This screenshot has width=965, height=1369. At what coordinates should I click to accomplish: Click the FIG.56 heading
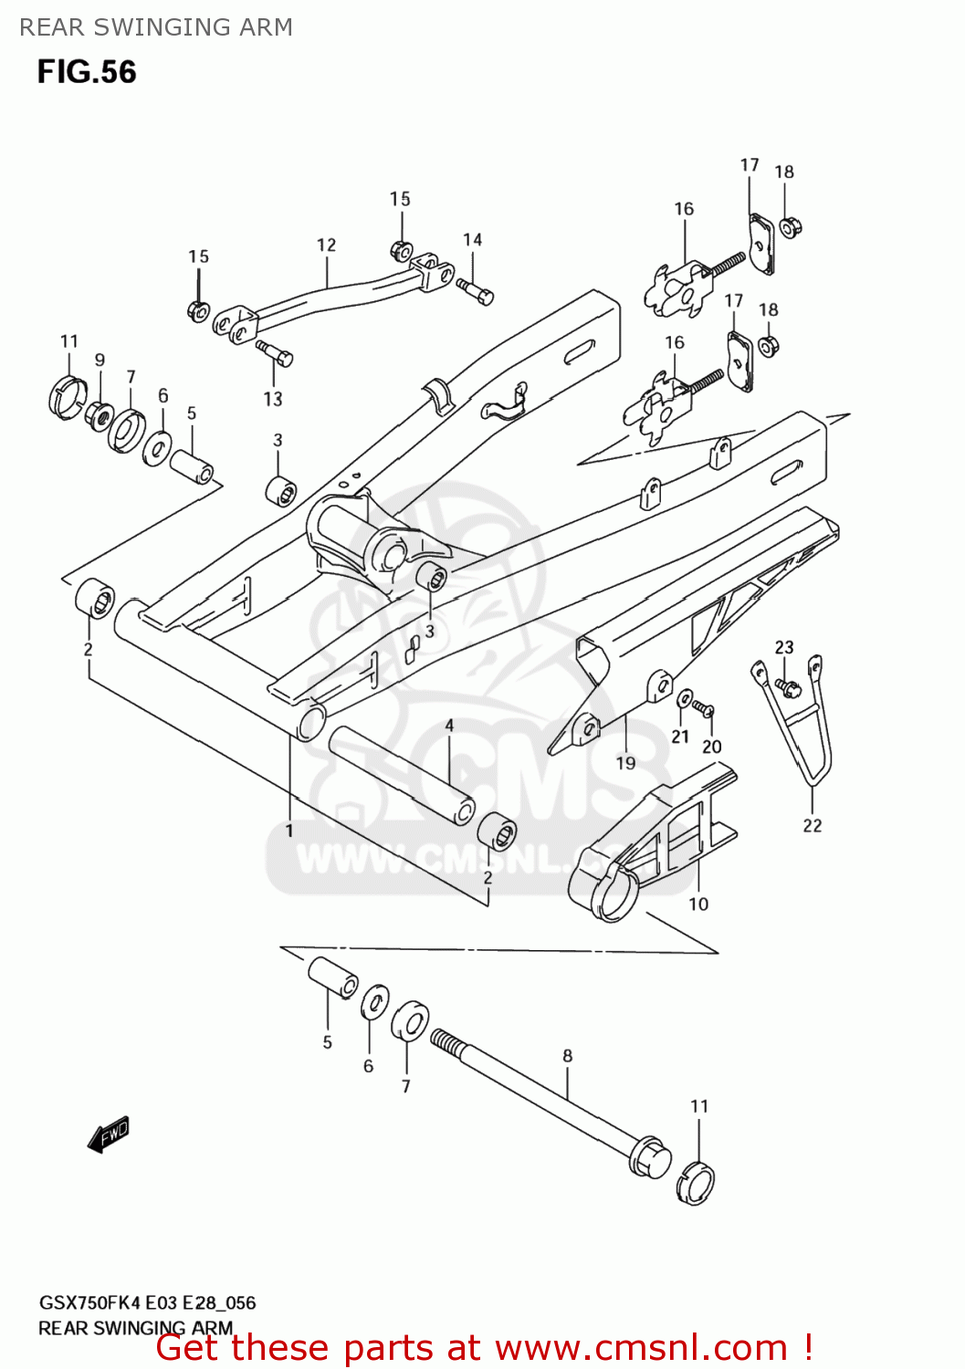pos(87,72)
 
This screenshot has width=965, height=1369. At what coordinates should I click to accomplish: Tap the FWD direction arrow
pos(110,1134)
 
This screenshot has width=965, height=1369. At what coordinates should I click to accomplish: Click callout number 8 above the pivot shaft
pos(568,1056)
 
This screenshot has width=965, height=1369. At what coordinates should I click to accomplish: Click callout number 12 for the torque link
pos(326,246)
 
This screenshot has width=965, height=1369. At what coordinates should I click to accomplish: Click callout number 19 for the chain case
pos(625,763)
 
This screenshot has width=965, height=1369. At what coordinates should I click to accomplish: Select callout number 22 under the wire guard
pos(813,826)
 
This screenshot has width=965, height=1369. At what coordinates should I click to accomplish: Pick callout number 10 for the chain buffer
pos(698,904)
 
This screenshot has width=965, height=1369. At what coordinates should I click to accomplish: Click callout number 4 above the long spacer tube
pos(449,726)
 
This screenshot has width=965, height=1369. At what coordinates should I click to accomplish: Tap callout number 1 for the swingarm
pos(289,831)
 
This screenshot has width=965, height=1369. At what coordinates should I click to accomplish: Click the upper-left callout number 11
pos(69,341)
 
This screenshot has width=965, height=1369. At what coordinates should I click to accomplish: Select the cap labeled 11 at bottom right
pos(696,1184)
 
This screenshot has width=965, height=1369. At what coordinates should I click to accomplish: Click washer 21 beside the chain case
pos(685,699)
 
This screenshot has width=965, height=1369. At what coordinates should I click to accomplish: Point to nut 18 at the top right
pos(791,225)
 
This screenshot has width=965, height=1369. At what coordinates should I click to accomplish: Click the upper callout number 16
pos(684,209)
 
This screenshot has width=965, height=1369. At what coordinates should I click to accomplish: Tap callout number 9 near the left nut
pos(100,361)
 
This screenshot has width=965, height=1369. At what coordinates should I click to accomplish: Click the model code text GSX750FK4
pos(89,1302)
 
